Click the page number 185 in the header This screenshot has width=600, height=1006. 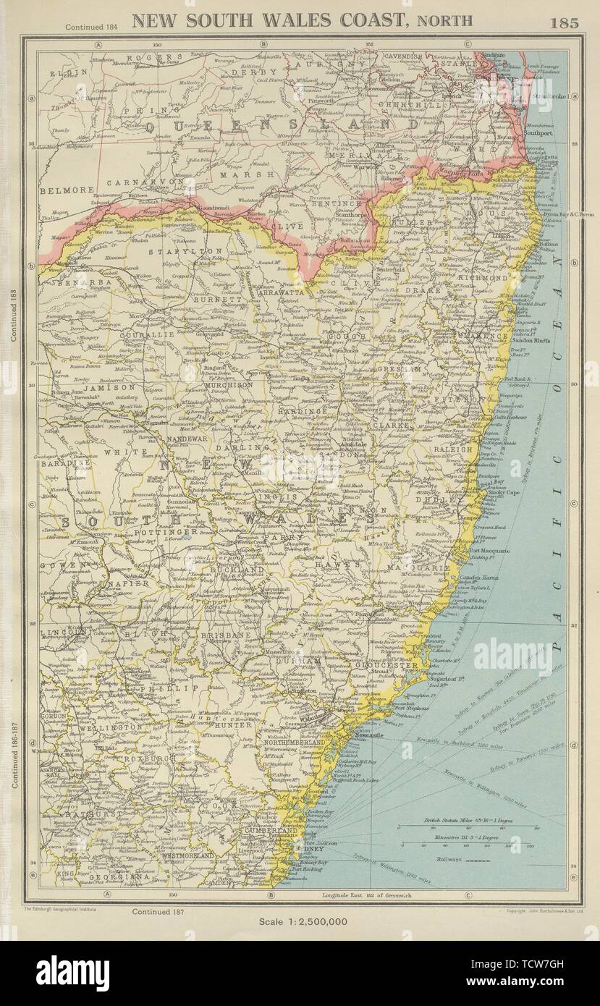[x=565, y=22]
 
